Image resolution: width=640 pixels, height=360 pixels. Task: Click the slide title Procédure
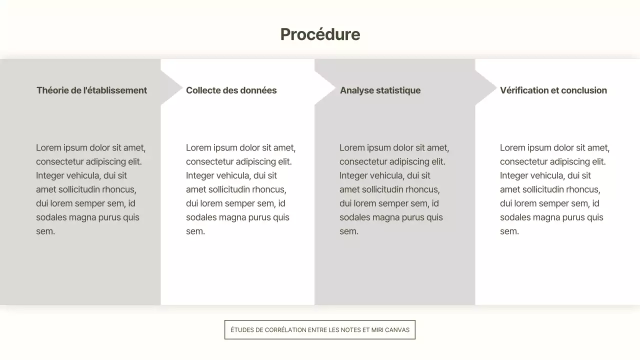point(320,34)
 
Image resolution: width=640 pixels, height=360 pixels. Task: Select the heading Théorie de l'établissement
point(91,90)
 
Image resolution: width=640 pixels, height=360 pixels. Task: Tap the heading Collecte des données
point(231,90)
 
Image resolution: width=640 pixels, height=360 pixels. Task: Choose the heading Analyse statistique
point(380,90)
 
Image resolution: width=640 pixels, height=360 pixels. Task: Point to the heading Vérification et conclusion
point(553,90)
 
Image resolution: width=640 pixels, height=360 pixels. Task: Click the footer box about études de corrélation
point(320,330)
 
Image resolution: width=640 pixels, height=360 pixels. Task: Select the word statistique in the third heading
point(398,90)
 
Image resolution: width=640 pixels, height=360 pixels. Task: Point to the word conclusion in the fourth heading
point(584,90)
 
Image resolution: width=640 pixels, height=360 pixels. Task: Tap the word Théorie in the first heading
point(51,90)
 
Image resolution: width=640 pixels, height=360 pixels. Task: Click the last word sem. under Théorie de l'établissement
point(45,231)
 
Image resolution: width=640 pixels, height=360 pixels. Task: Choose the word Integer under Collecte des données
point(199,175)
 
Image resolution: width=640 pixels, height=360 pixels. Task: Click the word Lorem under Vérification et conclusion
point(512,148)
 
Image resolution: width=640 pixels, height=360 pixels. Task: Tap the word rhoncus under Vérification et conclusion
point(581,189)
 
